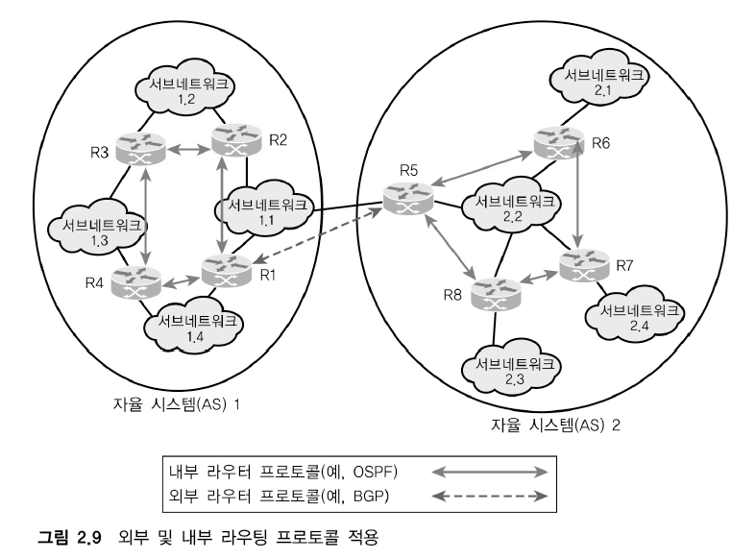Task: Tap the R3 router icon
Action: tap(141, 149)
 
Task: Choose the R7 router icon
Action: tap(583, 266)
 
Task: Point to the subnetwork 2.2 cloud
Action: tap(509, 209)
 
